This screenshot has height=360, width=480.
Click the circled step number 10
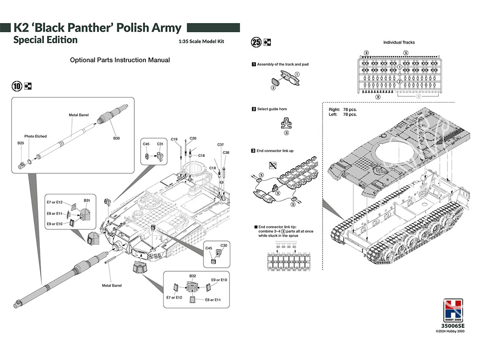17,86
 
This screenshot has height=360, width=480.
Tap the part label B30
117,138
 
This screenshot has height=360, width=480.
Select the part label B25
21,143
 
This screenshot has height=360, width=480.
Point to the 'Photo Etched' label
36,136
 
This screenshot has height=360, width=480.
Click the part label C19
174,139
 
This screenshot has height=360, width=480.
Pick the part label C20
192,138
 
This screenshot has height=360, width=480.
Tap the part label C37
220,144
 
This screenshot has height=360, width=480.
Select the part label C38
226,153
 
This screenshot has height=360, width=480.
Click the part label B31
87,200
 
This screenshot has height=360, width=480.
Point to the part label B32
192,276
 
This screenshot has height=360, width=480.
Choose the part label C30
223,246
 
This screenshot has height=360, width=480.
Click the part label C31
160,144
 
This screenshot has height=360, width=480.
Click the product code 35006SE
453,326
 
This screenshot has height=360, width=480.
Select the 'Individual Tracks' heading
399,43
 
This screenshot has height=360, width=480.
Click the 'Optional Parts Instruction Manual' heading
120,60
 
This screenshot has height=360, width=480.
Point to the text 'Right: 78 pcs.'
343,109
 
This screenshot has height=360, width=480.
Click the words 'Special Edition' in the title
45,40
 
